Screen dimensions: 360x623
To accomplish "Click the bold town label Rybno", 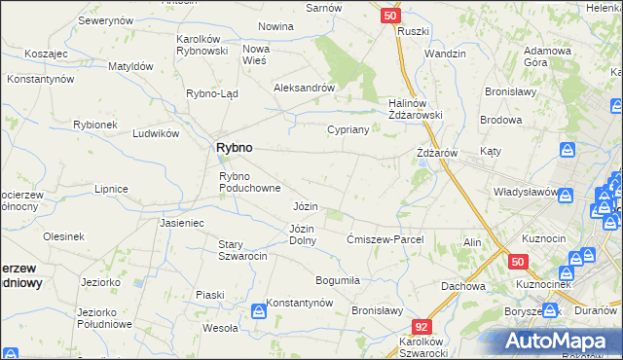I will tap(233, 147).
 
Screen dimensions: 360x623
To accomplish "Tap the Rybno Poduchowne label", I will tap(250, 182).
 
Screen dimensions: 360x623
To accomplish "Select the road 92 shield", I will tap(421, 328).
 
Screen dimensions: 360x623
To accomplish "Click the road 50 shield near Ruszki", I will tap(389, 16).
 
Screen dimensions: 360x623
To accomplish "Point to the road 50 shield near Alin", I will tap(517, 262).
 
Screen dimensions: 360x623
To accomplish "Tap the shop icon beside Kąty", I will tap(567, 150).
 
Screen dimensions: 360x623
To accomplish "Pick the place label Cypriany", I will tap(348, 129).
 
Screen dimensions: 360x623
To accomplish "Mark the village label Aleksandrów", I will tap(305, 87).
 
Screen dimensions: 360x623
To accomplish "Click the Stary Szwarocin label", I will tap(242, 250).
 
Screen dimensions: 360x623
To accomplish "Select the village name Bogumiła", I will tap(339, 280).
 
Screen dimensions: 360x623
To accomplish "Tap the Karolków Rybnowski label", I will tap(202, 45).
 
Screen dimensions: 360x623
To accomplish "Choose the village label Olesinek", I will tap(63, 236).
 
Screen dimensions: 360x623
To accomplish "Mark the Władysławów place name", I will tap(525, 192).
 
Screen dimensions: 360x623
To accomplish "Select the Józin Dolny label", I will tap(302, 234).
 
